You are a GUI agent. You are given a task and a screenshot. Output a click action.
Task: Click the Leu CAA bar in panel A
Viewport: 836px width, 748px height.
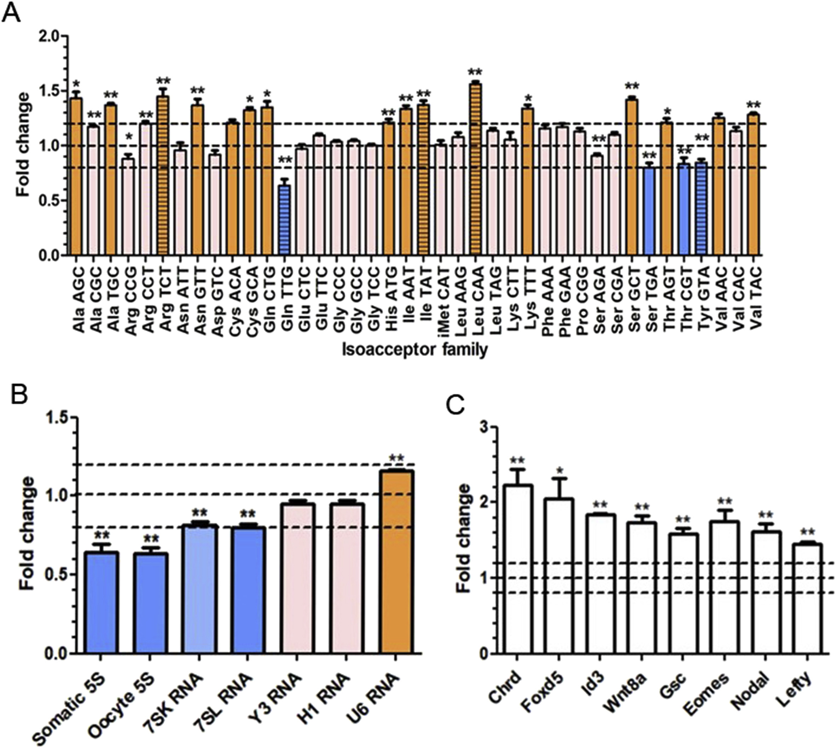pos(476,169)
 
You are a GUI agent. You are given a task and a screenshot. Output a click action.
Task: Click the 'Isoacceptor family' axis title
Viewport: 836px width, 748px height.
pos(415,350)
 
